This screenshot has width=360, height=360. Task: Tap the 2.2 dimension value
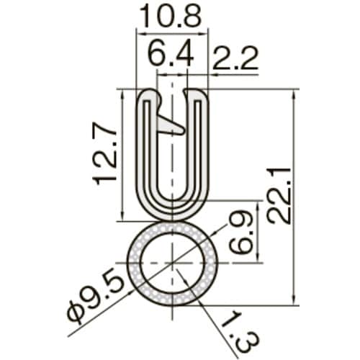(235, 60)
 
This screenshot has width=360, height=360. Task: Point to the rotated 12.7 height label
(107, 153)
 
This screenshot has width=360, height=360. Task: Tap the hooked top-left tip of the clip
(148, 94)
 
